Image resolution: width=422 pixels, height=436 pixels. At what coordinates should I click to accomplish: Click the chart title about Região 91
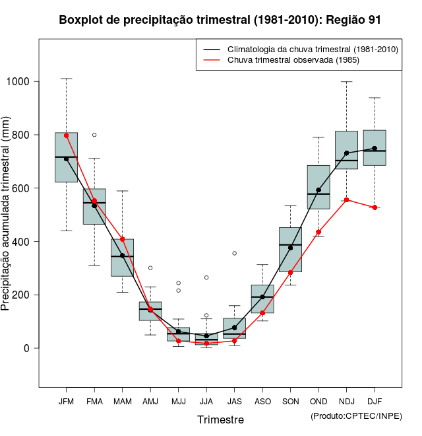(x=220, y=20)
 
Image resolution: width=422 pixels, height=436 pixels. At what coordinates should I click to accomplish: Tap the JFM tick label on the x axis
(x=66, y=401)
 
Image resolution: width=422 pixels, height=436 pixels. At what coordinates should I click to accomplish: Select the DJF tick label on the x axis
(x=375, y=401)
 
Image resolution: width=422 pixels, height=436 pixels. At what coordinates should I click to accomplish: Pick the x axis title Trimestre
(x=220, y=419)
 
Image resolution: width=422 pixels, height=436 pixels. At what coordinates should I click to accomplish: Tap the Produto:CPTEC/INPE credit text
(x=356, y=416)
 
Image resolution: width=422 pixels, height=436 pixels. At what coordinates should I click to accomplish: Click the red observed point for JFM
(x=66, y=135)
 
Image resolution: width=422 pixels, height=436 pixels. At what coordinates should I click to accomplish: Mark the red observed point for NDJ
(x=347, y=200)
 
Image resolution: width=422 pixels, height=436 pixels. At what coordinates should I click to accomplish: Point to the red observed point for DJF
(x=375, y=207)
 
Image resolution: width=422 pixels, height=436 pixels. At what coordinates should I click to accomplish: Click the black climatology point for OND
(x=318, y=190)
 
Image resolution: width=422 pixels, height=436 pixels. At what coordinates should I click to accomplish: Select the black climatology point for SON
(x=291, y=248)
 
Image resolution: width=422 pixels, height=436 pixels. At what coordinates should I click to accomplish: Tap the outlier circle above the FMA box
(x=94, y=135)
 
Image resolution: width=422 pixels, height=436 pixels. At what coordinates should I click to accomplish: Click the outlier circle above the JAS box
(x=234, y=253)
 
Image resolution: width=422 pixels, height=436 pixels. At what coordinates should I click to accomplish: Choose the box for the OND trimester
(x=318, y=187)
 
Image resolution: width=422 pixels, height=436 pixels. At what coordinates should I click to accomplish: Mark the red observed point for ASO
(x=262, y=312)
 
